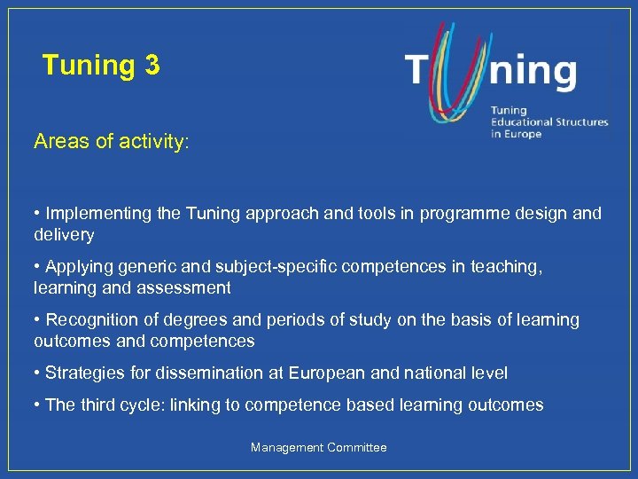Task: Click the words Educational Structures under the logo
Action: (x=549, y=122)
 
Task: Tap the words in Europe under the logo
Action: (x=516, y=134)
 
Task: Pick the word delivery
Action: (x=64, y=235)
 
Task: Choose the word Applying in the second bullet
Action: (x=78, y=266)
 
